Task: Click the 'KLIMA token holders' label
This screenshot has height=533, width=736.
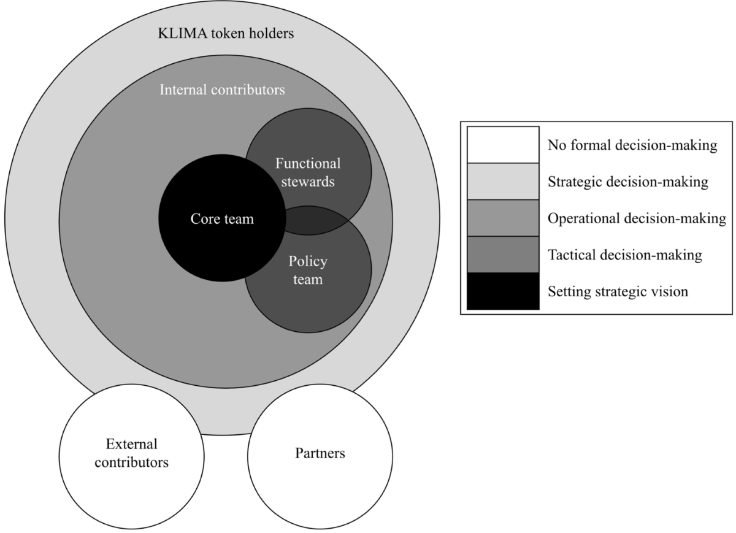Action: coord(224,33)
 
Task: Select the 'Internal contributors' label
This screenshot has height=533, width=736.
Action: coord(222,90)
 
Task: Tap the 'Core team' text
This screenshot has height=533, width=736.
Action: coord(221,218)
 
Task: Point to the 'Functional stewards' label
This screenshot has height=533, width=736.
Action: coord(308,172)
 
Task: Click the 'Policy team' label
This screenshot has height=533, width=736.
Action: coord(308,270)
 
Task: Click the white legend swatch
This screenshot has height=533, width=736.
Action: coord(502,145)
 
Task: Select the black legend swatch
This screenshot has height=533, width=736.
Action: coord(502,291)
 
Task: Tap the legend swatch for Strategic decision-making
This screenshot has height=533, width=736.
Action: coord(502,182)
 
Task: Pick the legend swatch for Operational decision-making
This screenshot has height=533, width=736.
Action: coord(502,218)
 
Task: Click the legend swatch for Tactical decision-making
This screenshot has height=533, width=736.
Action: coord(502,255)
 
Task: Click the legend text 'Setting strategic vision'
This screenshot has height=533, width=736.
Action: coord(618,292)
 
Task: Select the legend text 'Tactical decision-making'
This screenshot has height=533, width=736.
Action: coord(624,255)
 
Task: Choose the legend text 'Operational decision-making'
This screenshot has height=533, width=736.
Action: coord(637,218)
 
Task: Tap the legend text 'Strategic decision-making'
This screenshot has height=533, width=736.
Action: coord(628,182)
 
